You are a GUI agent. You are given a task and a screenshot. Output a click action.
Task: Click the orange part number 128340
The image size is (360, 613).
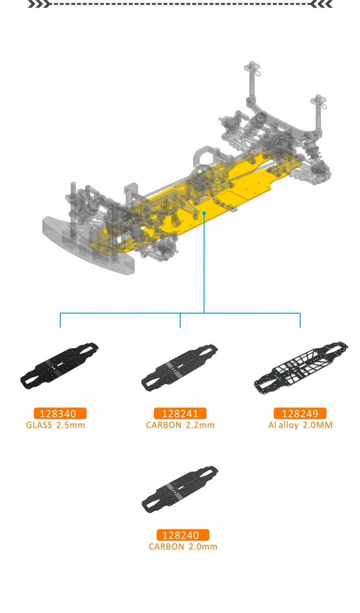coord(60,413)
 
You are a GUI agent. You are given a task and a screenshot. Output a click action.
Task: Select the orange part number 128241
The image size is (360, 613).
coord(180,413)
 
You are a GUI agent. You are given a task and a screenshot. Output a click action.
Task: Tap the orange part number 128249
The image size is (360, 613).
coord(300,413)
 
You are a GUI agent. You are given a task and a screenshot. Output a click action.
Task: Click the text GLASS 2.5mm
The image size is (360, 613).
coord(56,425)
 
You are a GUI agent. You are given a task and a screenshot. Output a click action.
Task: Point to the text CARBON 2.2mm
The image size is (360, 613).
coord(180,425)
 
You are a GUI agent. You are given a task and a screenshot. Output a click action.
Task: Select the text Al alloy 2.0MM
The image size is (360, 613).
coord(300,425)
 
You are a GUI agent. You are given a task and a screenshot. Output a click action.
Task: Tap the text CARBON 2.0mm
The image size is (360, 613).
coord(183,546)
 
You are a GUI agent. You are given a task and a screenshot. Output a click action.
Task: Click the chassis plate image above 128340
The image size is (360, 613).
coord(60,365)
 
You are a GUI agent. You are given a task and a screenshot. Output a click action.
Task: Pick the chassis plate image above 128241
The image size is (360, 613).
coord(180,367)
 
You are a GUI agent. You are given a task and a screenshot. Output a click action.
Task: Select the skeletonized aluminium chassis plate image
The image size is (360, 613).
coord(301,366)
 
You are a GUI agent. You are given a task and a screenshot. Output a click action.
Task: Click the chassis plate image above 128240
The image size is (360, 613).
coord(180,488)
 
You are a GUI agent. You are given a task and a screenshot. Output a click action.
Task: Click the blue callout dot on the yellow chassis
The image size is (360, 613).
coord(204,212)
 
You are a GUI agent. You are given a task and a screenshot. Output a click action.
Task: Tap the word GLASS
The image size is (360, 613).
coord(39,425)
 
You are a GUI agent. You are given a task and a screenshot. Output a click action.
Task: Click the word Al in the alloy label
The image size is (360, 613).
coord(272,425)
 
